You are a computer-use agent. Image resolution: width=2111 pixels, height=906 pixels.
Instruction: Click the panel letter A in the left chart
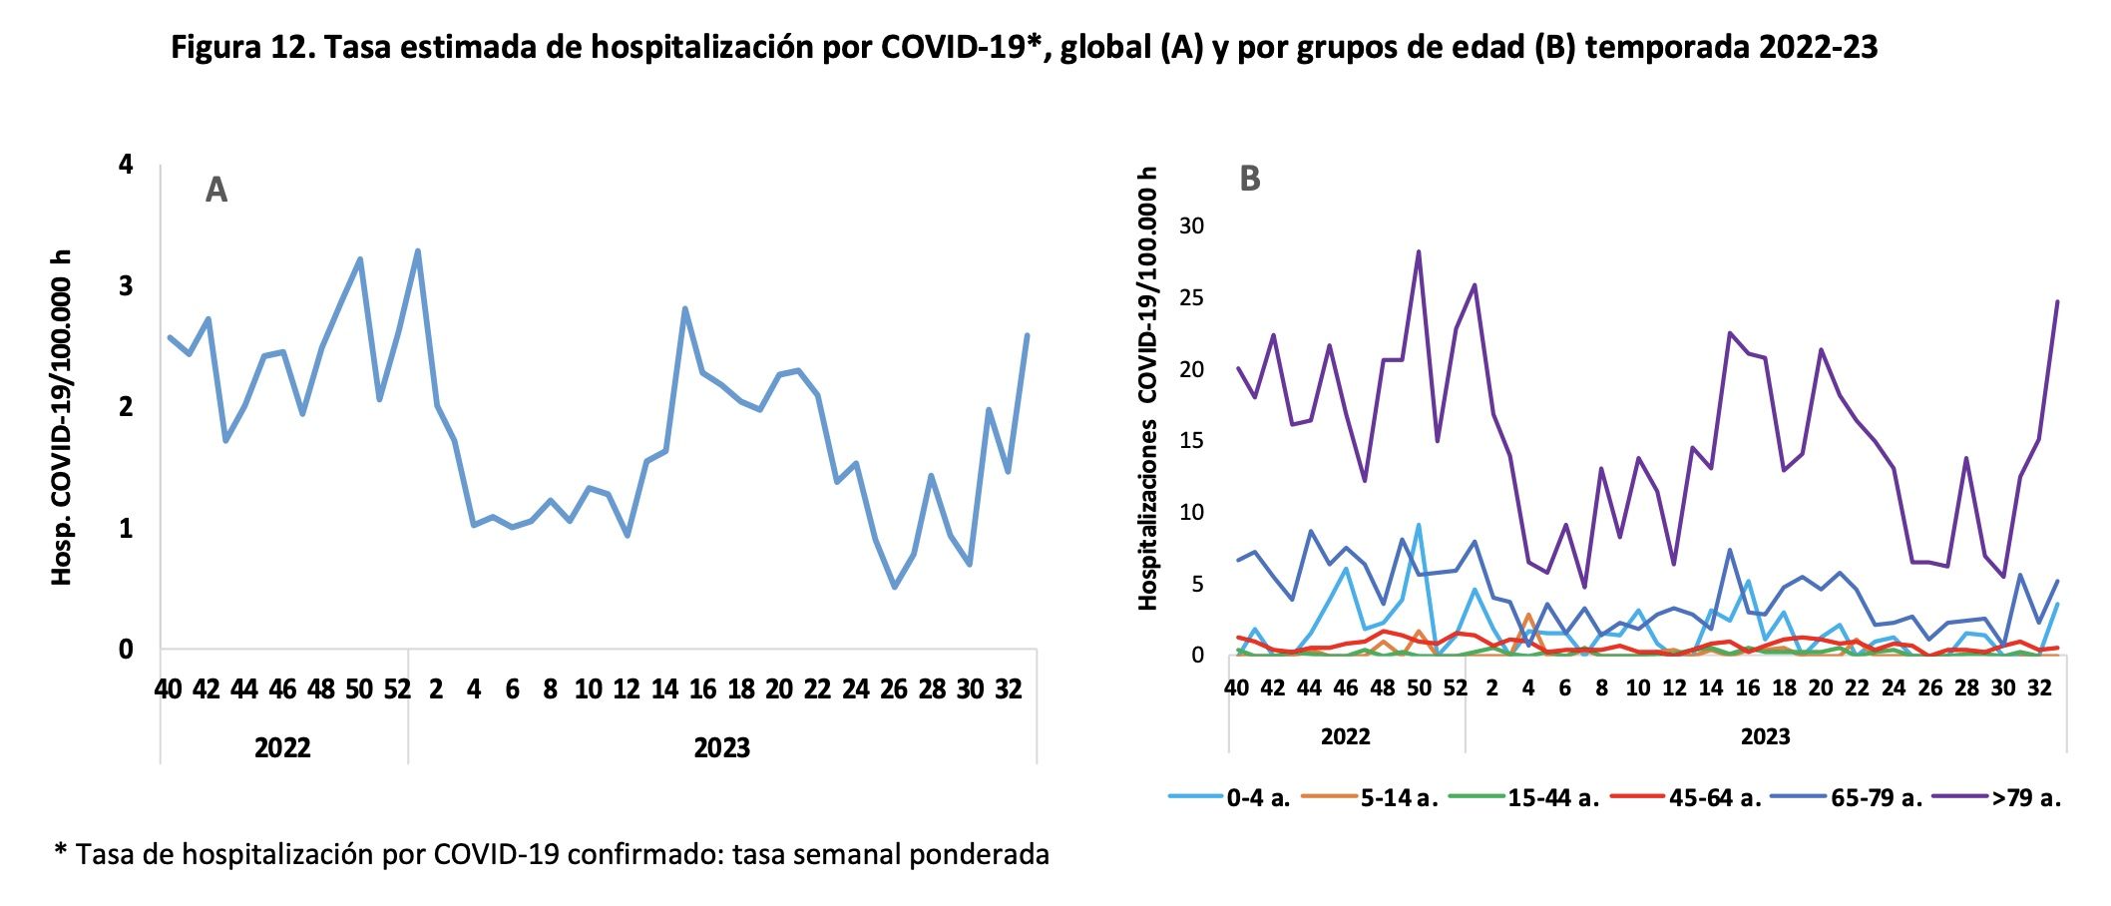pos(215,190)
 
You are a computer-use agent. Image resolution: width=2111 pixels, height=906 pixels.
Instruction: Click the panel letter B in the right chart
pos(1249,179)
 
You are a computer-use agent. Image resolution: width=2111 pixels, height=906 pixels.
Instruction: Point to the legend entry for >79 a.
pos(2025,797)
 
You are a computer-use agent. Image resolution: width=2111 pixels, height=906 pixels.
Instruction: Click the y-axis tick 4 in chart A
pos(126,164)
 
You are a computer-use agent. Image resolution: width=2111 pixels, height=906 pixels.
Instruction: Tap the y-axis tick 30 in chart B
pos(1191,226)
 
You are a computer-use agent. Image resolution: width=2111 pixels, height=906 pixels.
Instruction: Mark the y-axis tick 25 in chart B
pos(1191,297)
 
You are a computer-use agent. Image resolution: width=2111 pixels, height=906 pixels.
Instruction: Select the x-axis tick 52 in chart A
pos(397,689)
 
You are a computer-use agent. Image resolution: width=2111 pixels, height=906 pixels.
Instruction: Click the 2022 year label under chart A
pos(282,747)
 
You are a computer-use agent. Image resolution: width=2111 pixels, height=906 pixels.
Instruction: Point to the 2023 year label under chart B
pos(1765,737)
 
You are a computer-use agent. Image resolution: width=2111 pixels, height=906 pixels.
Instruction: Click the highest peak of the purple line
pos(1418,251)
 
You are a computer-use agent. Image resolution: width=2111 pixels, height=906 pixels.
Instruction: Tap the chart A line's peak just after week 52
pos(418,250)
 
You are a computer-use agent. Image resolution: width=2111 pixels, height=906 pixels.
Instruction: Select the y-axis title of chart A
pos(62,417)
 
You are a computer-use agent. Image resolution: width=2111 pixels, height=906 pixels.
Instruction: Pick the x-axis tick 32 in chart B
pos(2040,687)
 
